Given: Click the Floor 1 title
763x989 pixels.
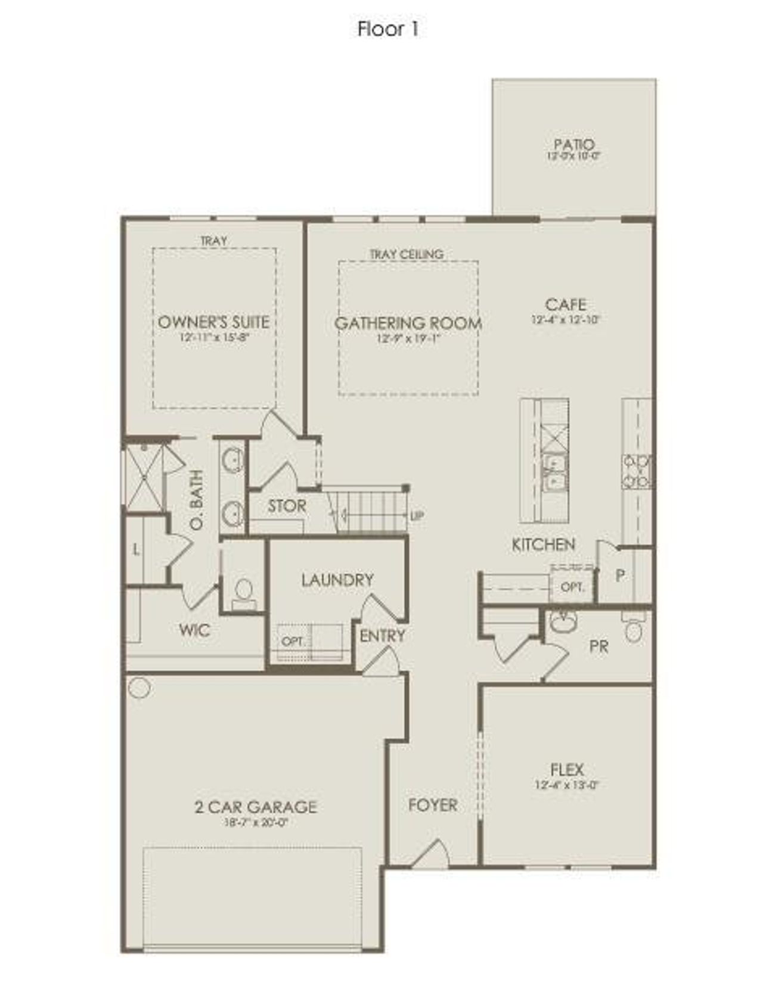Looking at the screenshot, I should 387,29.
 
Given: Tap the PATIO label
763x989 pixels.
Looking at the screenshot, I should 573,145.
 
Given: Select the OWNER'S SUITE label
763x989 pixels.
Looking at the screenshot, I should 213,322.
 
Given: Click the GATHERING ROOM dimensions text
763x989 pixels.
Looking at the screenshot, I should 408,338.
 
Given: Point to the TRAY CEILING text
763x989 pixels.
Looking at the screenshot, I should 406,254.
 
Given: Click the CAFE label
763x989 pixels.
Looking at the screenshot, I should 565,304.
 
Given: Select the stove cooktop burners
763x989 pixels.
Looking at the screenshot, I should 636,471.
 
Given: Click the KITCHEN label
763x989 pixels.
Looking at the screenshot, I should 543,544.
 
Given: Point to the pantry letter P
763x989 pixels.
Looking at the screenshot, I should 620,576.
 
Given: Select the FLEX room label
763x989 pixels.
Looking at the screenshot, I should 566,769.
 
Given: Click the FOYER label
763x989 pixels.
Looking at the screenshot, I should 433,805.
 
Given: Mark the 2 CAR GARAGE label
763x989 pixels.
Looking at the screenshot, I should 255,807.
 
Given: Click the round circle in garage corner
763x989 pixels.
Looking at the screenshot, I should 139,688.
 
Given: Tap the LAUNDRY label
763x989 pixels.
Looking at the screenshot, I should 337,580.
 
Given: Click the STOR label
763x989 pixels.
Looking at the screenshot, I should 287,506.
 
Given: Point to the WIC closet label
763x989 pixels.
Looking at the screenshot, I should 194,630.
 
